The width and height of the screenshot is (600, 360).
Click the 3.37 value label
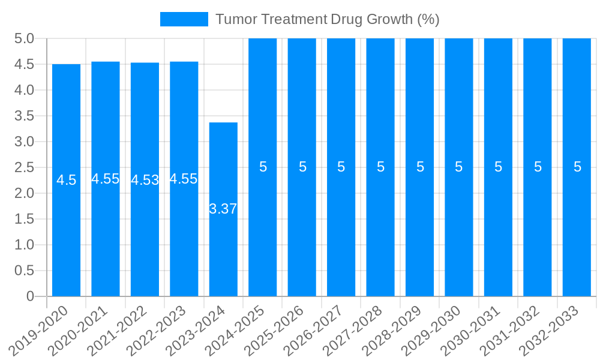coord(223,209)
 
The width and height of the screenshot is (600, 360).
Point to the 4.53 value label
coord(145,180)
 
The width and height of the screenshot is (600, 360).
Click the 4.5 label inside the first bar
coord(66,180)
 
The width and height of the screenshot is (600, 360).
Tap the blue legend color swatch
coord(184,19)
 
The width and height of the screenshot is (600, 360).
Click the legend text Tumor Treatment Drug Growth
coord(327,19)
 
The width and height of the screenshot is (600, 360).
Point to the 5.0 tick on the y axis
coord(24,38)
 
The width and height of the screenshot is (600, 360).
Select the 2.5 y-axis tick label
coord(24,167)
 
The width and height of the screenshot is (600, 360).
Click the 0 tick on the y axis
coord(31,296)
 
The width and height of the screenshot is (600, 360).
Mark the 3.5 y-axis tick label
coord(24,116)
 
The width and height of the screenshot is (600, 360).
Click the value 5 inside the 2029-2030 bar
coord(459,167)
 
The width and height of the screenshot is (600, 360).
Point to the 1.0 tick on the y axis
coord(24,245)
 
